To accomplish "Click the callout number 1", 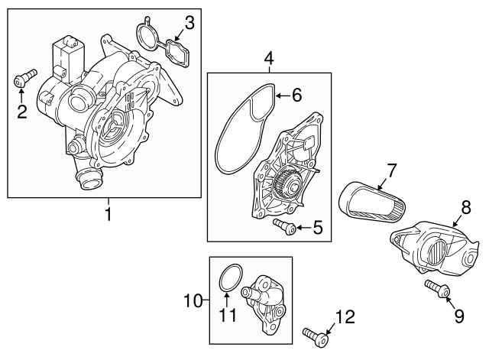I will [107, 215].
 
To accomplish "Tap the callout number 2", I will [22, 112].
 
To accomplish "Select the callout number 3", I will [189, 23].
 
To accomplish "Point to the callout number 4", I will [268, 58].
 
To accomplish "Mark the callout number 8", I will [465, 207].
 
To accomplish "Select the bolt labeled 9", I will [436, 290].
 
